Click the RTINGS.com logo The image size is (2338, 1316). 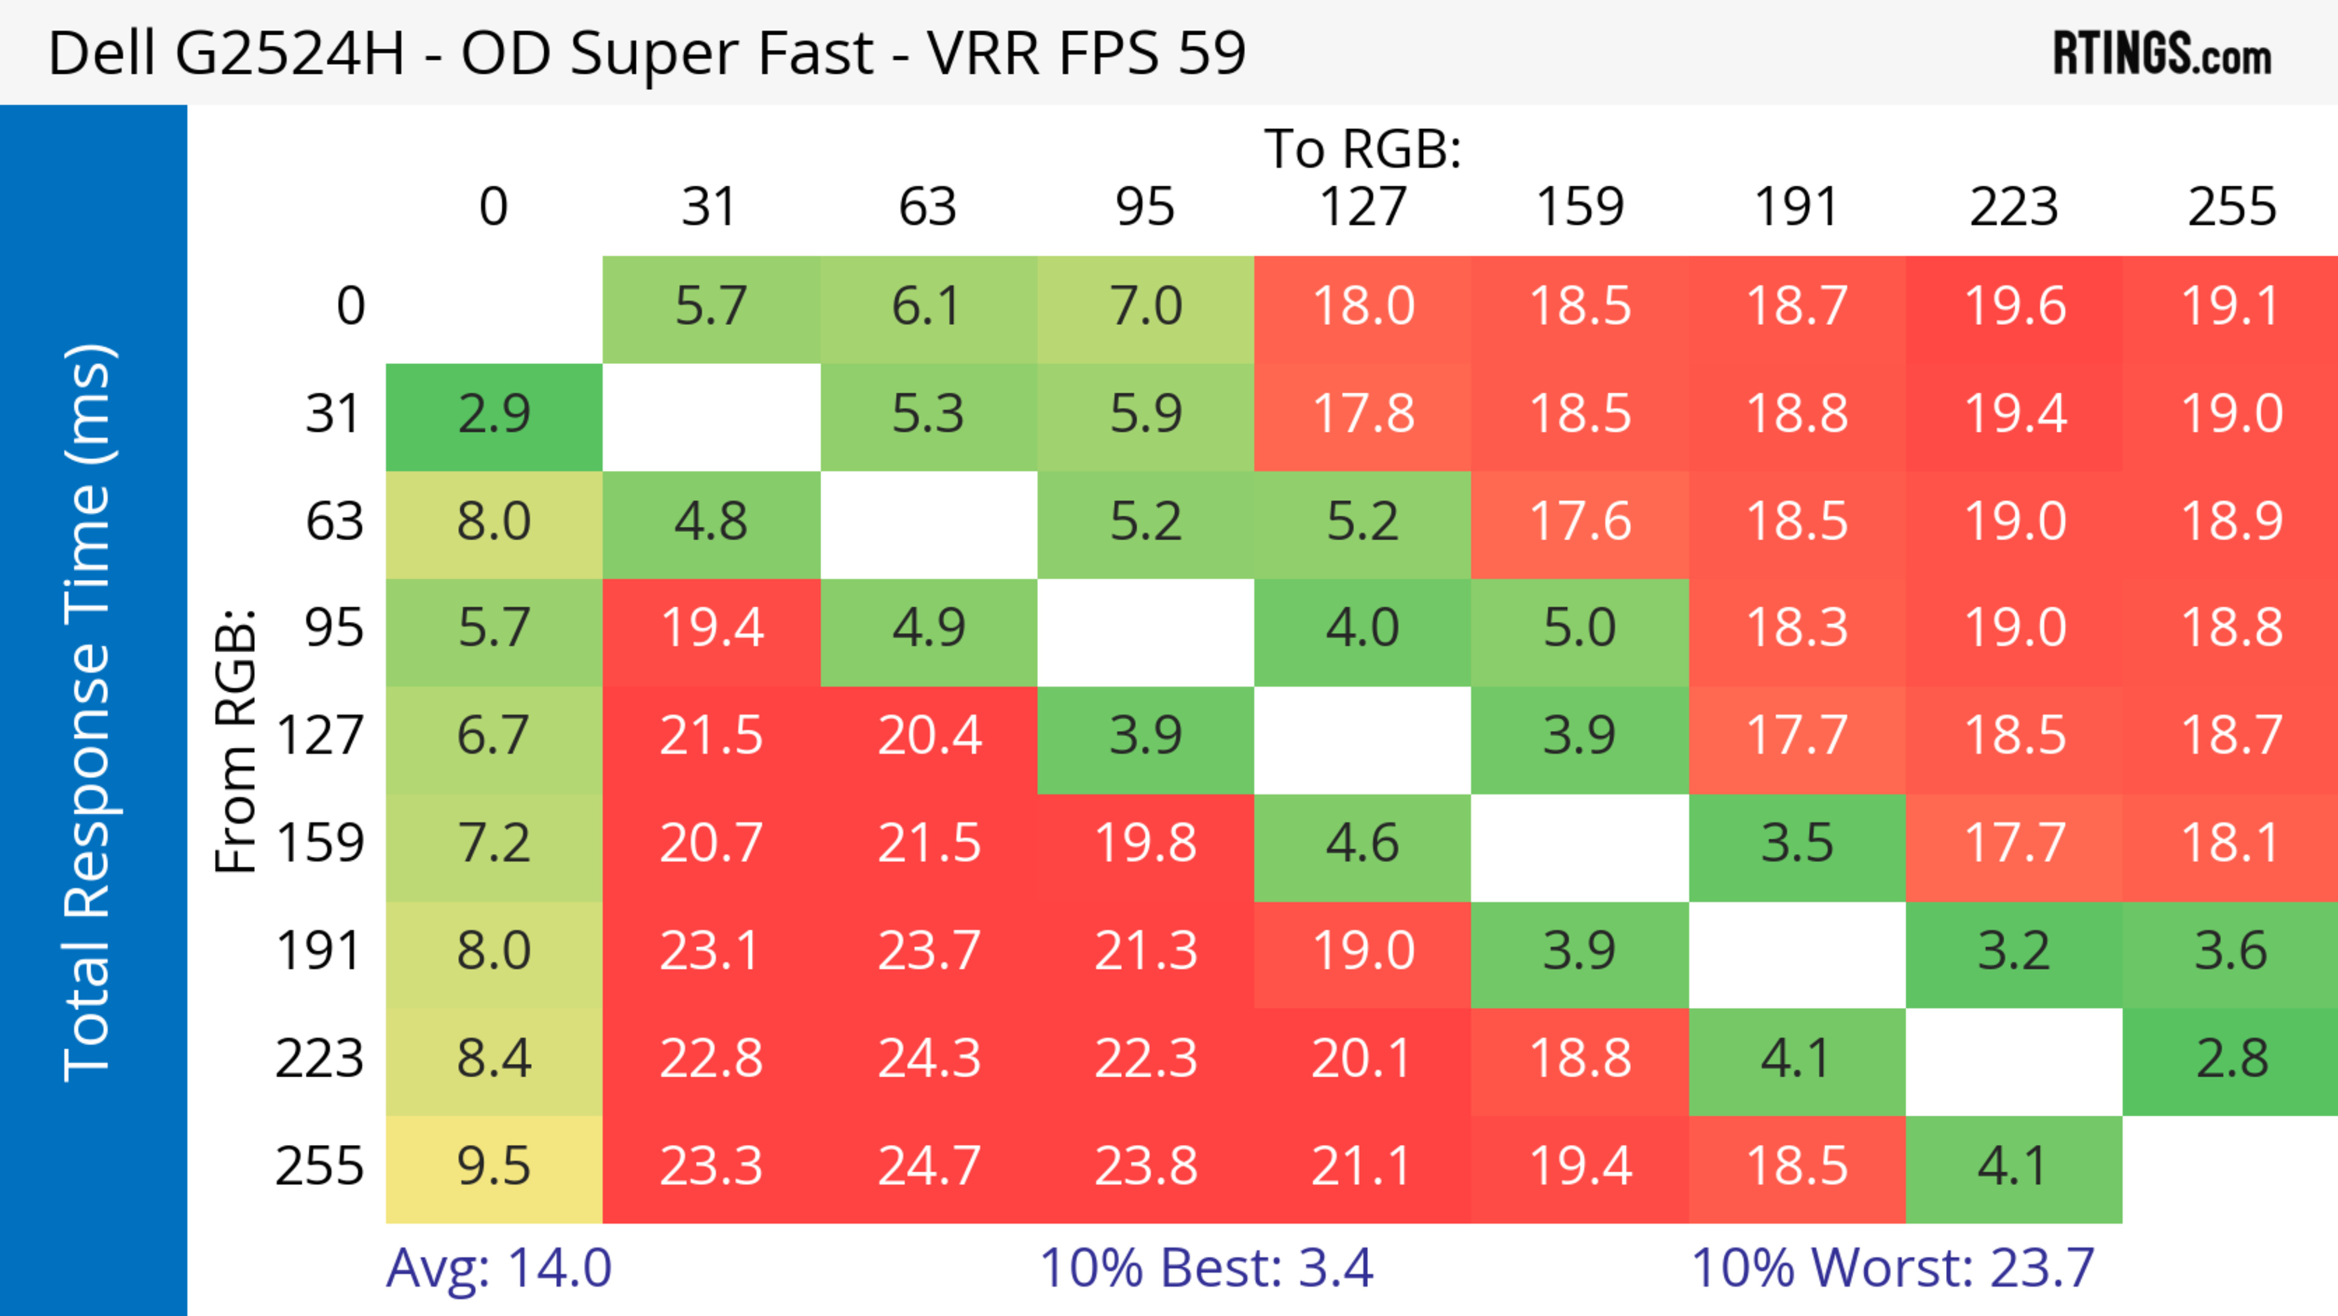[x=2162, y=54]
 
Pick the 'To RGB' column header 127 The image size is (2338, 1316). [x=1363, y=207]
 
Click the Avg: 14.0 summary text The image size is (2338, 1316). [x=498, y=1268]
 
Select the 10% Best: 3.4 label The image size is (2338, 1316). [x=1206, y=1268]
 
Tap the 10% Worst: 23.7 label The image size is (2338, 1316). [x=1892, y=1268]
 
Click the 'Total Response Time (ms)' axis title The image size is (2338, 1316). [x=89, y=713]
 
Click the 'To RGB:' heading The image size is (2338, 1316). [x=1363, y=148]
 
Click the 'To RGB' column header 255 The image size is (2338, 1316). [x=2231, y=207]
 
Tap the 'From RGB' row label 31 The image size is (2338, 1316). [x=334, y=415]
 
